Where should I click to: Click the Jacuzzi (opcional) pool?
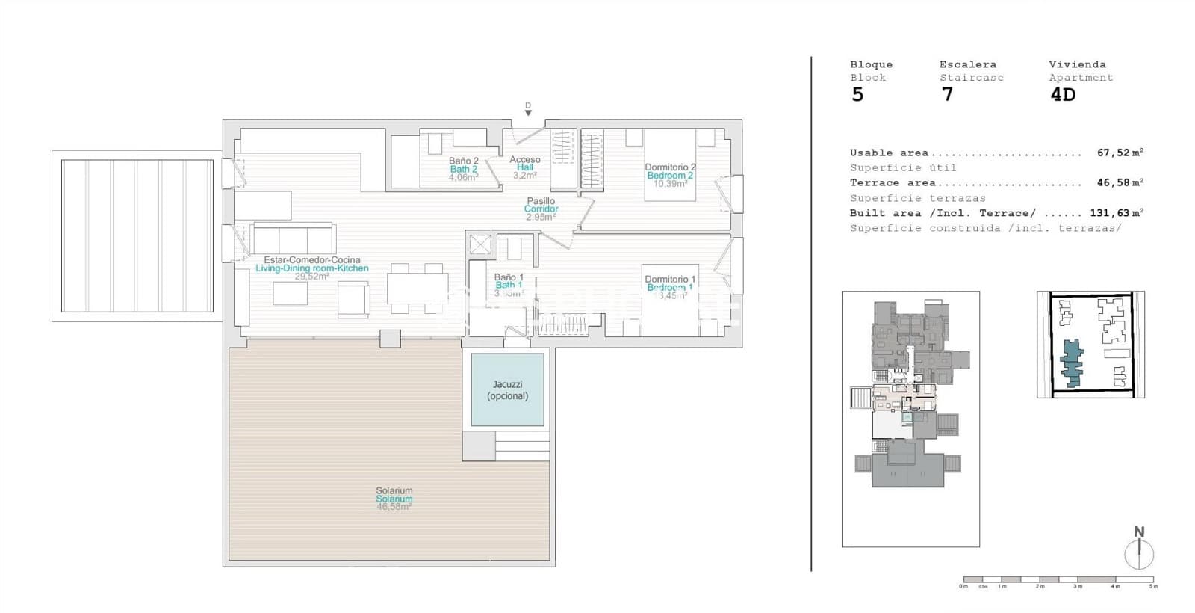pos(507,389)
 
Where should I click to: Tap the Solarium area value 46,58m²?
pos(394,507)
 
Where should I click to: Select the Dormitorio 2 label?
pos(670,167)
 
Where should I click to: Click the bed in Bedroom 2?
pos(670,166)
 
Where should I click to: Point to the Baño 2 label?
pos(463,161)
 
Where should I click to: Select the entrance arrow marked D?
pos(528,111)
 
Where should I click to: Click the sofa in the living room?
pos(293,239)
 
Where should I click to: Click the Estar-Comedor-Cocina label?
pos(311,260)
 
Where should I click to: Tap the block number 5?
pos(857,95)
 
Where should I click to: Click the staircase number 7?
pos(947,95)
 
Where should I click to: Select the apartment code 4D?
pos(1062,95)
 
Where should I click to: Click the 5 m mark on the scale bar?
pos(1153,585)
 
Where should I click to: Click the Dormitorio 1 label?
pos(669,279)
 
